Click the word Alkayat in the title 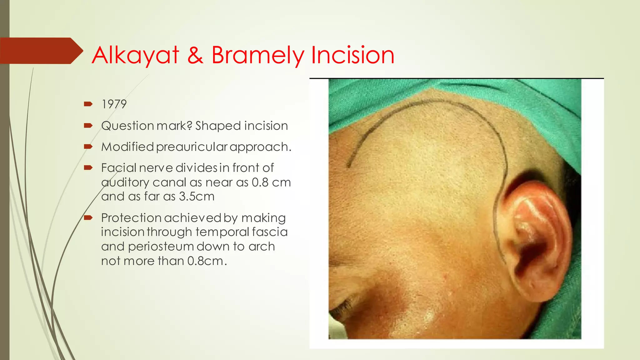pos(135,55)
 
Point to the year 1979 pos(114,104)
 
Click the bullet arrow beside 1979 pos(88,104)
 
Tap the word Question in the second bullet pos(127,126)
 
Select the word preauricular pos(192,147)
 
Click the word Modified pos(127,147)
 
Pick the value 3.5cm pos(197,197)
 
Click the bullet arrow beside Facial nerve pos(88,168)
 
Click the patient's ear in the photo pos(537,237)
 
